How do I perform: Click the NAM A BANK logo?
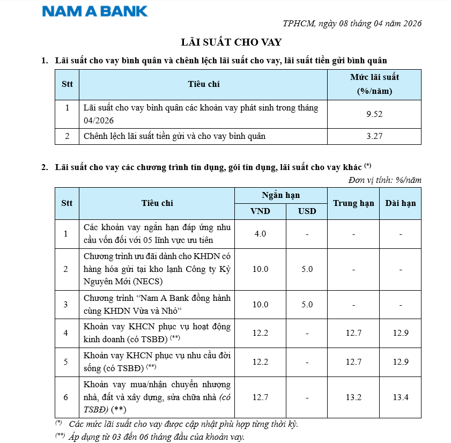(x=95, y=11)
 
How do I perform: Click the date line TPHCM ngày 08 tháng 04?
(x=352, y=23)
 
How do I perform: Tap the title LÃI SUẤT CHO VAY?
(x=231, y=42)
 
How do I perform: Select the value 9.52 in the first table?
(x=374, y=114)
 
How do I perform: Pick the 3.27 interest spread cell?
(x=374, y=136)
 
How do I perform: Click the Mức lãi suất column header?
(x=374, y=84)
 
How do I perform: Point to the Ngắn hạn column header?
(x=281, y=195)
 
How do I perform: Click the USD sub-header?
(x=307, y=211)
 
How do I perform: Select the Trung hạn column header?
(x=353, y=203)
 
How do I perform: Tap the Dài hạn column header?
(x=401, y=203)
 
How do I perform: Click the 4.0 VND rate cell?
(x=260, y=234)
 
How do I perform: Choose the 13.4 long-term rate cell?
(x=401, y=397)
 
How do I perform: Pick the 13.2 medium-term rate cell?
(x=353, y=397)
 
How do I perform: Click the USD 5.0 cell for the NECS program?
(x=307, y=269)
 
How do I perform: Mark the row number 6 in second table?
(x=66, y=397)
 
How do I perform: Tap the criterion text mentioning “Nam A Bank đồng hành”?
(x=157, y=305)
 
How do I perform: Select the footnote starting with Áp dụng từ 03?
(x=157, y=437)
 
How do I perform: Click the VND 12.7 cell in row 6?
(x=260, y=397)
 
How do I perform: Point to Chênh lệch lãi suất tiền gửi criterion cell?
(x=175, y=136)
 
